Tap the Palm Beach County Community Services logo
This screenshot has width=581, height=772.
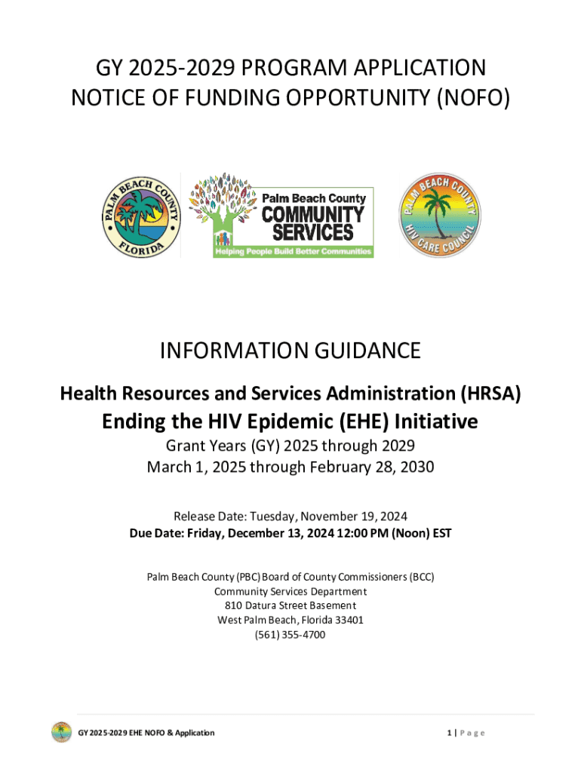281,215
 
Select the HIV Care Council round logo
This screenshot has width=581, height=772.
439,215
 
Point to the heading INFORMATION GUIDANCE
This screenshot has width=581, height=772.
290,351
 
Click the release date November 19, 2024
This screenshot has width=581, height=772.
355,516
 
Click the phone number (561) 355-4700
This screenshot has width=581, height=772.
290,635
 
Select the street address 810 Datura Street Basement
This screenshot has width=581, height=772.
290,605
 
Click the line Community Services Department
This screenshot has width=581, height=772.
290,591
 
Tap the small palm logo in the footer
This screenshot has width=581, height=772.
61,732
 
